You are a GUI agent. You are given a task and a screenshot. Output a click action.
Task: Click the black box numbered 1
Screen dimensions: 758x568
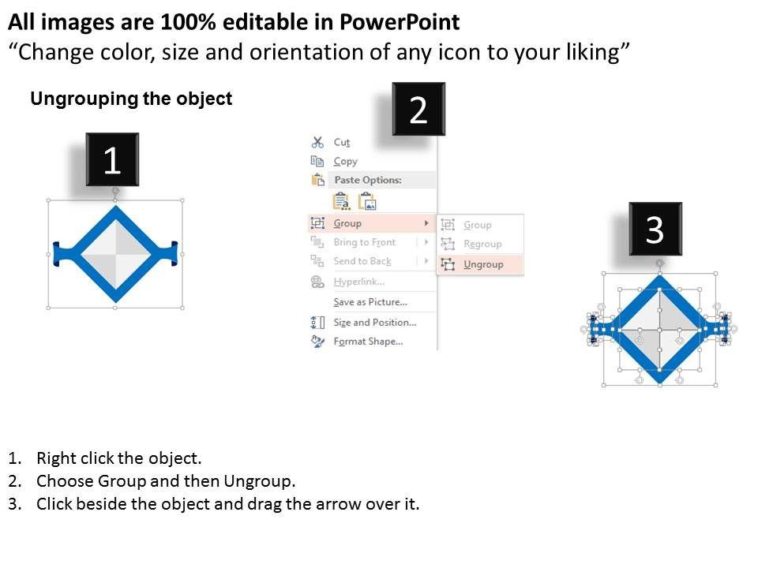coord(112,159)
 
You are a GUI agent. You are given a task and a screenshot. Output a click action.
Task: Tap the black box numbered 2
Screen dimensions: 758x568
coord(418,109)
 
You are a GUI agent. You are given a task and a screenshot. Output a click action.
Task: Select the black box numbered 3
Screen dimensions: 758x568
coord(655,229)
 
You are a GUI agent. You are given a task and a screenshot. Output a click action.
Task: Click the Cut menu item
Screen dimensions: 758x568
coord(341,143)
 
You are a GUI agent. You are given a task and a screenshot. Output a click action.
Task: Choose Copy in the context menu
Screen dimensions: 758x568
coord(345,161)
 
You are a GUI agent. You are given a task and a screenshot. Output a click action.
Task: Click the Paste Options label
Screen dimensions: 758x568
coord(368,180)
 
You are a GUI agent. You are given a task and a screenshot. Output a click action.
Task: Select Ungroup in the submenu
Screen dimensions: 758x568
coord(483,264)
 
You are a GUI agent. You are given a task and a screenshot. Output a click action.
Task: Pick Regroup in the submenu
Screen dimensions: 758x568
coord(482,244)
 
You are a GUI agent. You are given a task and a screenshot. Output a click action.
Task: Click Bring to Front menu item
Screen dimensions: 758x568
coord(365,242)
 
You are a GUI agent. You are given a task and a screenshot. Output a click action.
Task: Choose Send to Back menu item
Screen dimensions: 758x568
coord(362,261)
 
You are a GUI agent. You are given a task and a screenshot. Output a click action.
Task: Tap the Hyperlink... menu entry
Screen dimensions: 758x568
coord(358,282)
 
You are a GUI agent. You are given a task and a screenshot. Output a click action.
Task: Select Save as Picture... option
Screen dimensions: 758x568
coord(370,302)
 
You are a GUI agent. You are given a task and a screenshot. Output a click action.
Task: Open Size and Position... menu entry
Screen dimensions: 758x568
coord(374,322)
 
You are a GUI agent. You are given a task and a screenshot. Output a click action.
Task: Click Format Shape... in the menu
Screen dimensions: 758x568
coord(368,342)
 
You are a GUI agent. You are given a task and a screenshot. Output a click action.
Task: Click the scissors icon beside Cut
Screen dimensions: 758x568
coord(317,142)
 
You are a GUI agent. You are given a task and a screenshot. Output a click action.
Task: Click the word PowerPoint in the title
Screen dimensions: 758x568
coord(400,22)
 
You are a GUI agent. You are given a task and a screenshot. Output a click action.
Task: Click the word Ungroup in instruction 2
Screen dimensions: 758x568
coord(257,481)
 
